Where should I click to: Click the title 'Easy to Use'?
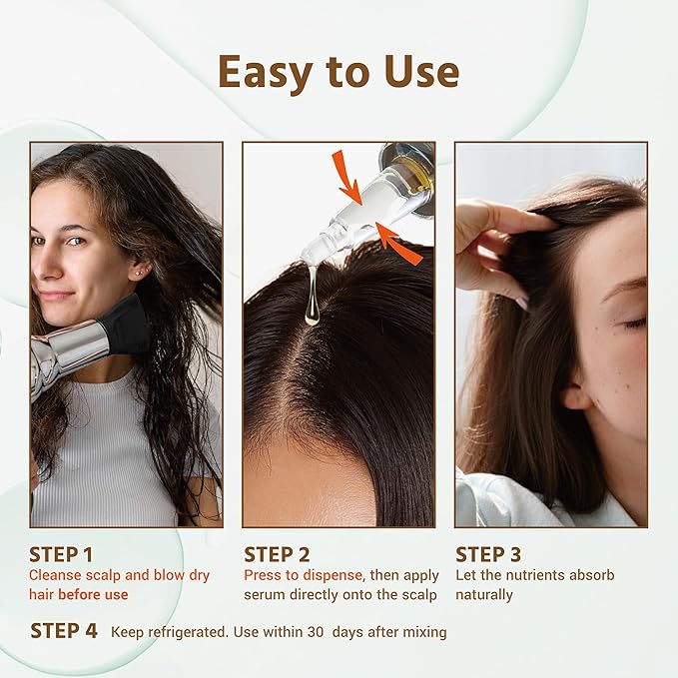(339, 73)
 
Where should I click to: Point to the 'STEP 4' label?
(64, 631)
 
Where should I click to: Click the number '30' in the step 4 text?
(315, 632)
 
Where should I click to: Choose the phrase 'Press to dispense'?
(299, 575)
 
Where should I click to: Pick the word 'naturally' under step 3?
(484, 595)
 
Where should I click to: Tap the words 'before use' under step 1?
(93, 595)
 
